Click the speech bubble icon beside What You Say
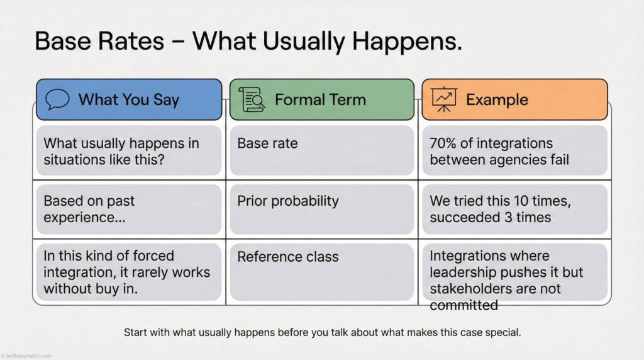(57, 99)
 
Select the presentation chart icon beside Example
(444, 99)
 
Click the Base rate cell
(321, 150)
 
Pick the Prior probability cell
(321, 210)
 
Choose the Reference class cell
(321, 272)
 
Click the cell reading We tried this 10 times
(513, 210)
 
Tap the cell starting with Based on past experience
(129, 210)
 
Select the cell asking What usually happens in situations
(129, 151)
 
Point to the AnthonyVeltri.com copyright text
(27, 356)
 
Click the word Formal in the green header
(298, 99)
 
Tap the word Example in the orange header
(497, 99)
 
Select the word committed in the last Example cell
(464, 305)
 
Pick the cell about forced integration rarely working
(129, 272)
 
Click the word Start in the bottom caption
(136, 332)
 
